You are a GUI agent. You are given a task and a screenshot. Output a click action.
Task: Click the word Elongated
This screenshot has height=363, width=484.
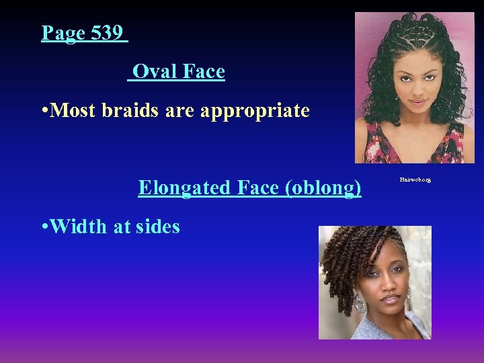click(184, 188)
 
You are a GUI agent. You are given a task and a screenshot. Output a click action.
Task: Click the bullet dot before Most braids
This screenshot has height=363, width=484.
click(44, 111)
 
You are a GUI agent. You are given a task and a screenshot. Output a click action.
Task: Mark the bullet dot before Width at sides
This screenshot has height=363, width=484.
click(44, 227)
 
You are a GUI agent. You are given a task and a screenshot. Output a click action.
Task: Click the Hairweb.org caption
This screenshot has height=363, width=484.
click(415, 180)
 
